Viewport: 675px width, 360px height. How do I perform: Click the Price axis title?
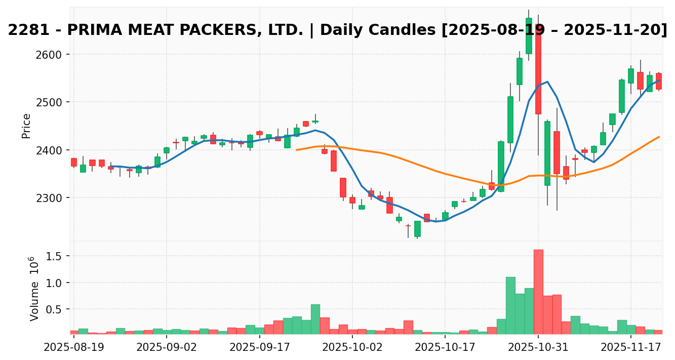tap(26, 126)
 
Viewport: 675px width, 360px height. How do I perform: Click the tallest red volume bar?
tap(538, 292)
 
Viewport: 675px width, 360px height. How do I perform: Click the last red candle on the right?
tap(658, 81)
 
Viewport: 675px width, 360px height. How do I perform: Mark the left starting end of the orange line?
tap(297, 150)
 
